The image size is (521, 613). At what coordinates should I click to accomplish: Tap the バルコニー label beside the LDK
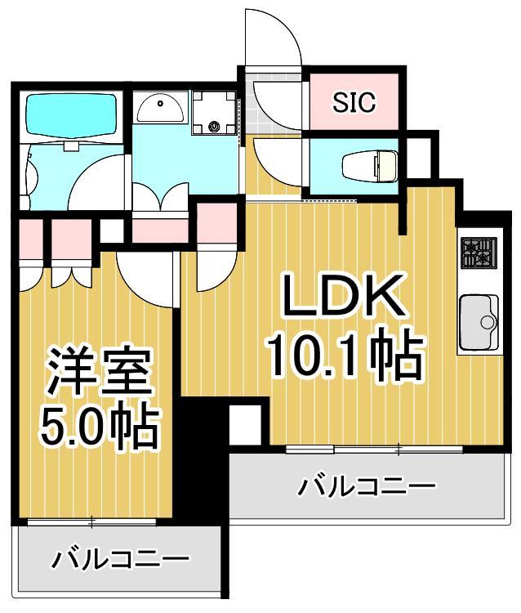pyautogui.click(x=365, y=488)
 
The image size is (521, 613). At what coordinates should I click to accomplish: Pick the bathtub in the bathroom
pyautogui.click(x=71, y=115)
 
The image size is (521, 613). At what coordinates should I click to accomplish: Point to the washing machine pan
pyautogui.click(x=214, y=113)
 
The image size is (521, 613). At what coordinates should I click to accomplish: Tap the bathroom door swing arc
pyautogui.click(x=98, y=181)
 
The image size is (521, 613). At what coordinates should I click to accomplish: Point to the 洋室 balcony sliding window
pyautogui.click(x=92, y=521)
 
